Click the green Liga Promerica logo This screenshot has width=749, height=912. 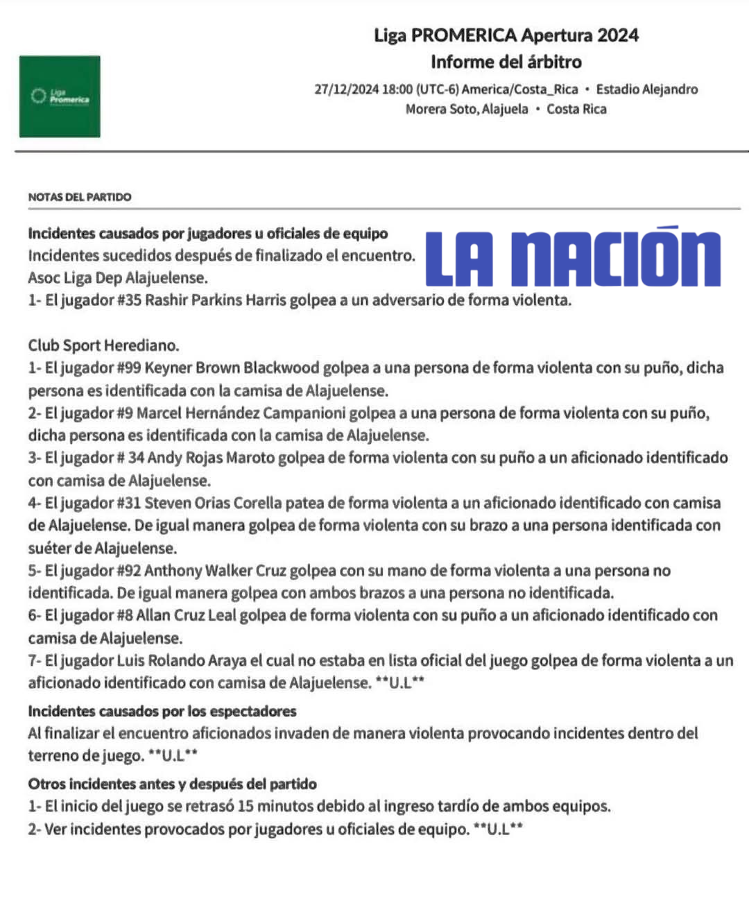[60, 96]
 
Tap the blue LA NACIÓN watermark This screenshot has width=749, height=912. [573, 257]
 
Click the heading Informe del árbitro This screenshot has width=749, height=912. [506, 62]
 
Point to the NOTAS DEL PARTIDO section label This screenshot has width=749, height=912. [80, 197]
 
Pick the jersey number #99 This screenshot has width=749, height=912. [128, 368]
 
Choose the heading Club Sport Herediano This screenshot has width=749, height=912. [103, 345]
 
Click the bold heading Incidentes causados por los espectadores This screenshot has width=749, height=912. [162, 711]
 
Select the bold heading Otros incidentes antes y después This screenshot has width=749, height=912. [172, 784]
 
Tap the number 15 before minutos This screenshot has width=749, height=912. [246, 806]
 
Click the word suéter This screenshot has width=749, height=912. [49, 548]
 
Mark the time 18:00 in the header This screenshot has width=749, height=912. [397, 89]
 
